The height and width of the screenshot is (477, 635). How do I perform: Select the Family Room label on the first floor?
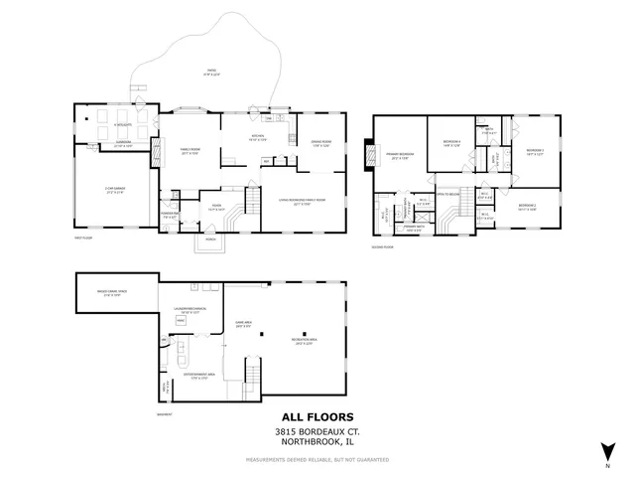pyautogui.click(x=190, y=151)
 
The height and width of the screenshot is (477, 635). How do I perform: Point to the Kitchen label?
pyautogui.click(x=257, y=137)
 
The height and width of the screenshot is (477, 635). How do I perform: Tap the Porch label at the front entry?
pyautogui.click(x=210, y=239)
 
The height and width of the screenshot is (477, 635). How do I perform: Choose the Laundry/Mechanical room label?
pyautogui.click(x=189, y=312)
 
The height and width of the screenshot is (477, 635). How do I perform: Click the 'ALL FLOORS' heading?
pyautogui.click(x=317, y=417)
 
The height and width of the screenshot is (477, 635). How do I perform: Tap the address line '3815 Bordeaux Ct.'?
pyautogui.click(x=317, y=432)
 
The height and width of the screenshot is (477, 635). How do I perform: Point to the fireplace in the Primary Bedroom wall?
pyautogui.click(x=370, y=155)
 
